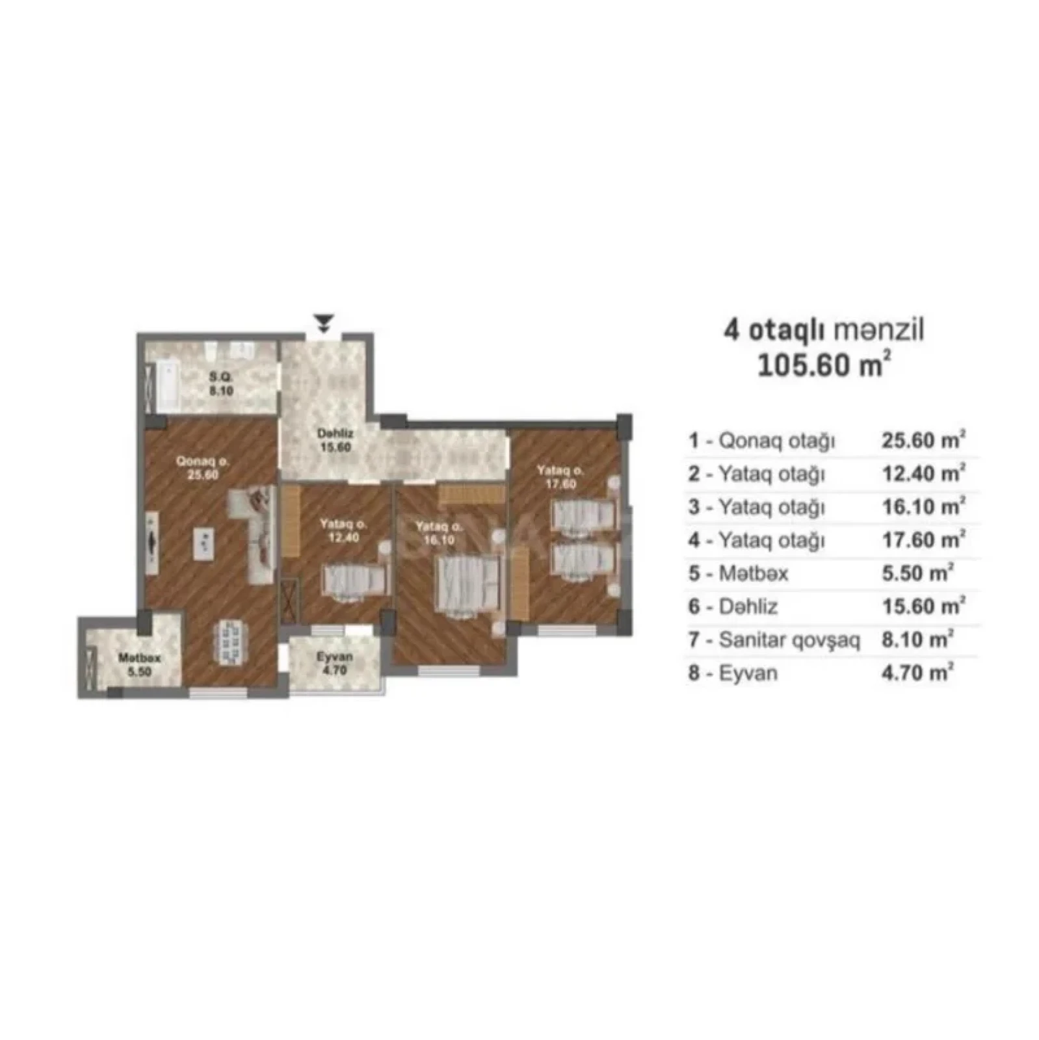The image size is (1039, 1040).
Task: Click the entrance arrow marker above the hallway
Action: (x=323, y=322)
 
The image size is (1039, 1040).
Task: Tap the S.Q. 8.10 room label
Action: (x=221, y=384)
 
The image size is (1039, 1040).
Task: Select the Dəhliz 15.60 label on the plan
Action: (x=335, y=440)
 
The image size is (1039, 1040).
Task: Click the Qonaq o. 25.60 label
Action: (x=203, y=468)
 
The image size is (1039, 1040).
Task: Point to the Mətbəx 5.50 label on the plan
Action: (x=139, y=665)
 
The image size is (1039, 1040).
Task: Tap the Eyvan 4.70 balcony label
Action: (x=335, y=662)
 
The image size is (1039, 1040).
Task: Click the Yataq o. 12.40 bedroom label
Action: (x=343, y=530)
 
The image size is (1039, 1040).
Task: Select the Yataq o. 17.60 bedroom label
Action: (x=560, y=476)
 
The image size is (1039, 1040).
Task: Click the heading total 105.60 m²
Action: (x=823, y=365)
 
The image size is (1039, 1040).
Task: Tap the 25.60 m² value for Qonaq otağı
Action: (x=923, y=440)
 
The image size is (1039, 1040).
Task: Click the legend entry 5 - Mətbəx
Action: (x=739, y=573)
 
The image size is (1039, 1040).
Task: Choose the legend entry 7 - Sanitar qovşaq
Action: (x=774, y=640)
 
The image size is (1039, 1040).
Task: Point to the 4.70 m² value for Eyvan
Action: (x=917, y=673)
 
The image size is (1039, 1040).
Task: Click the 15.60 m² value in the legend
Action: (x=923, y=606)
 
